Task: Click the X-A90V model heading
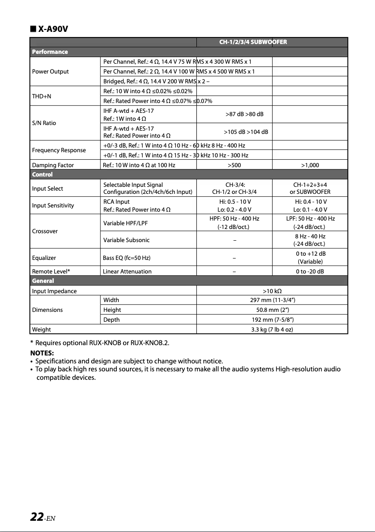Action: coord(52,29)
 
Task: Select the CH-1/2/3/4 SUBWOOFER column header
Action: coord(253,42)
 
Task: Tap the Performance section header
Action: coord(50,52)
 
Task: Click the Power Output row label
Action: coord(50,71)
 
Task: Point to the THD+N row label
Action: coord(42,96)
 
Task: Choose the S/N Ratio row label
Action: coord(44,123)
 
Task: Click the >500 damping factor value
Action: coord(234,165)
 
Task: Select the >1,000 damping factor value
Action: coord(310,165)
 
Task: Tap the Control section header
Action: coord(42,174)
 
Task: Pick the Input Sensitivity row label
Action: coord(53,205)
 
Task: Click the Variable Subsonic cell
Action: coord(126,240)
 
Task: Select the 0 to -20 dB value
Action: coord(310,271)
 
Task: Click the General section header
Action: coord(43,281)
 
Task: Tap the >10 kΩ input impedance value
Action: coord(272,291)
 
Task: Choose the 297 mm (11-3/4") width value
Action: coord(272,300)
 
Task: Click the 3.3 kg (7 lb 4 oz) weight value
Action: coord(272,329)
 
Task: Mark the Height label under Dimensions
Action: coord(112,310)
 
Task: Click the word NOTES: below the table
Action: coord(42,352)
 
